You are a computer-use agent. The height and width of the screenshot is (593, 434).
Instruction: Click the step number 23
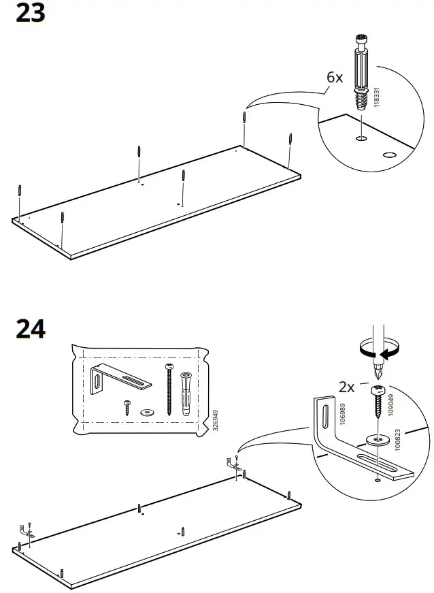tap(31, 12)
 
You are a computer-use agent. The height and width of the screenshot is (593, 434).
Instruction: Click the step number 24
tap(31, 329)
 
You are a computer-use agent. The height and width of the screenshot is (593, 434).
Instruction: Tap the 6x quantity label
tap(335, 77)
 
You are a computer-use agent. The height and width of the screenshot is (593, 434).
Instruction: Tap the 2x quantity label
tap(346, 387)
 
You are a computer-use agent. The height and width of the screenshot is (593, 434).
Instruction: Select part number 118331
tap(375, 97)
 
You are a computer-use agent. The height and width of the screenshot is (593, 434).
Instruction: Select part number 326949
tap(216, 420)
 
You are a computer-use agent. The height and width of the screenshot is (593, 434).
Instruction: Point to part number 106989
tap(343, 414)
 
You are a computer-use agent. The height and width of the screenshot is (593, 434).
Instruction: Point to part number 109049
tap(391, 405)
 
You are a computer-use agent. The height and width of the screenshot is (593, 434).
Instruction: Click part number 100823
tap(397, 439)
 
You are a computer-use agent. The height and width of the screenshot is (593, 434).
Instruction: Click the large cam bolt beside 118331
tap(361, 72)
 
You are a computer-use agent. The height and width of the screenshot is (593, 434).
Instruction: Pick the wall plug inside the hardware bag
tap(186, 394)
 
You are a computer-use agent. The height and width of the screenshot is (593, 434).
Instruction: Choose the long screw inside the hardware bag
tap(169, 389)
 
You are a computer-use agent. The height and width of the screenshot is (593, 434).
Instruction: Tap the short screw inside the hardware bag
tap(128, 408)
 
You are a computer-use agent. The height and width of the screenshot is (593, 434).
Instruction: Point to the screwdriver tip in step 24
tap(378, 377)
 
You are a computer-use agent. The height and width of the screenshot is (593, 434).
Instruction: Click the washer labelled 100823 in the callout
tap(376, 440)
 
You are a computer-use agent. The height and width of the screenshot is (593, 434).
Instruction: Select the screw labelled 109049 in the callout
tap(378, 402)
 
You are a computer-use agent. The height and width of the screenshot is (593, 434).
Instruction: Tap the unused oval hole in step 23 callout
tap(388, 155)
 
